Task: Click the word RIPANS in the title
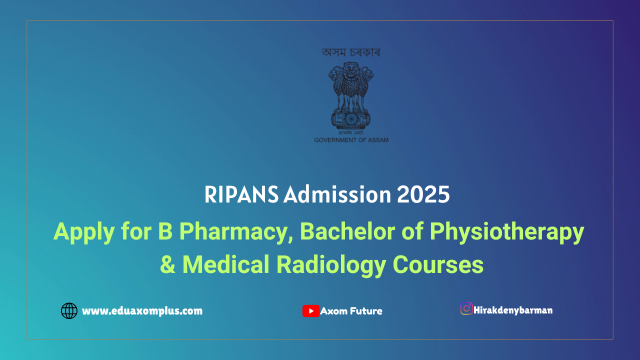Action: tap(241, 195)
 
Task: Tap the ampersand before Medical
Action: tap(167, 264)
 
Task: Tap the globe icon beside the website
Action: tap(69, 311)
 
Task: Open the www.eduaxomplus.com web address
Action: tap(142, 311)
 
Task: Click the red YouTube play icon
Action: tap(310, 311)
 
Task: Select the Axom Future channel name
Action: tap(351, 311)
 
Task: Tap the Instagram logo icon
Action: tap(466, 308)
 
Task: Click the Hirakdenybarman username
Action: tap(513, 310)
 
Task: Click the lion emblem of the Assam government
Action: tap(351, 95)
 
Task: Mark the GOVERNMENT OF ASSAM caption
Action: tap(351, 140)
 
